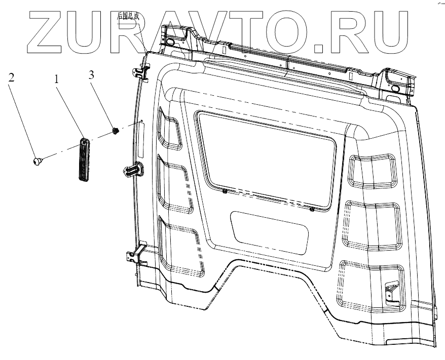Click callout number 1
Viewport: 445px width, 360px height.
pyautogui.click(x=57, y=79)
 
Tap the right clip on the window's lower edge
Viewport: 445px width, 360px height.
pyautogui.click(x=312, y=208)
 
